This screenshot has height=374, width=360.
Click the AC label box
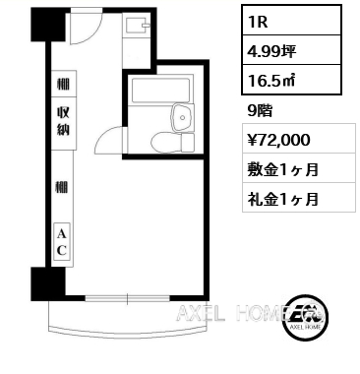click(x=60, y=241)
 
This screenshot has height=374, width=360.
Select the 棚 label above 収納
click(x=61, y=87)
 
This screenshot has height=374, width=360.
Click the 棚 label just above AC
click(x=61, y=186)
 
